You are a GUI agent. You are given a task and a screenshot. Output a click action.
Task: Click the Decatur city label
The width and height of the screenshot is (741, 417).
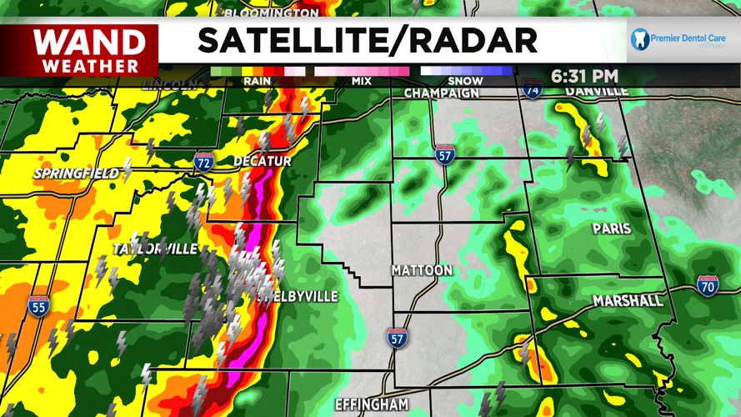(262, 160)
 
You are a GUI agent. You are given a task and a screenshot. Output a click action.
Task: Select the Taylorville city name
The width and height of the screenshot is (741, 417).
(155, 249)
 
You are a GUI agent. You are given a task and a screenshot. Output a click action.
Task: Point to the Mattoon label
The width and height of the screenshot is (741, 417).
(422, 270)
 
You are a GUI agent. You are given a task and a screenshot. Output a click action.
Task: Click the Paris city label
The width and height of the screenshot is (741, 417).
(611, 229)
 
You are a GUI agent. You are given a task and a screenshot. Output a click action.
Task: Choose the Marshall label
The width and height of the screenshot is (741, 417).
(628, 299)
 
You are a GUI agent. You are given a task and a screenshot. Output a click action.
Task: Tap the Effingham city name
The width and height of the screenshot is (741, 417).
(372, 404)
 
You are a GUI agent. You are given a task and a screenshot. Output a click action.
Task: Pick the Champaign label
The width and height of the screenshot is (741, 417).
(442, 93)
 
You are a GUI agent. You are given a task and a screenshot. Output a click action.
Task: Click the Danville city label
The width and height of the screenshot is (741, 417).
(597, 90)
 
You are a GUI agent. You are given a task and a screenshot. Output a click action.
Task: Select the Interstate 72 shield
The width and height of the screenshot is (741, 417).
(203, 161)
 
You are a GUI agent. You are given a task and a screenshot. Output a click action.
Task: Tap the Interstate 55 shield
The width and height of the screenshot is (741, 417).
(38, 306)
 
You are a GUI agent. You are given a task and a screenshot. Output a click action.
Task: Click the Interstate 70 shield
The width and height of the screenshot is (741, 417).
(708, 286)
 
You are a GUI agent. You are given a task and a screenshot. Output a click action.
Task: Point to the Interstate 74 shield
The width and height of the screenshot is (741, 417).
(533, 88)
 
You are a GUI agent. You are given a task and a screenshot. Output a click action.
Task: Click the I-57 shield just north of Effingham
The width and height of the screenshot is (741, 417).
(398, 338)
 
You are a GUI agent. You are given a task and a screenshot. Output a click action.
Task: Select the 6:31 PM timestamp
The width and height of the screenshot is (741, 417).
(584, 77)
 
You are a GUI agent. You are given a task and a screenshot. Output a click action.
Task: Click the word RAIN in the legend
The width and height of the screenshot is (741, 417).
(257, 81)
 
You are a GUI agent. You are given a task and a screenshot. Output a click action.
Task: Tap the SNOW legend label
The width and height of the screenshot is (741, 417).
(466, 81)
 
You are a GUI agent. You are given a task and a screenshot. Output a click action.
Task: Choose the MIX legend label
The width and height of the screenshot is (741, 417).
(362, 81)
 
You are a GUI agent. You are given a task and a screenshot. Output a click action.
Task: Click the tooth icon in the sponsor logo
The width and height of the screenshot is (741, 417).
(640, 39)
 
